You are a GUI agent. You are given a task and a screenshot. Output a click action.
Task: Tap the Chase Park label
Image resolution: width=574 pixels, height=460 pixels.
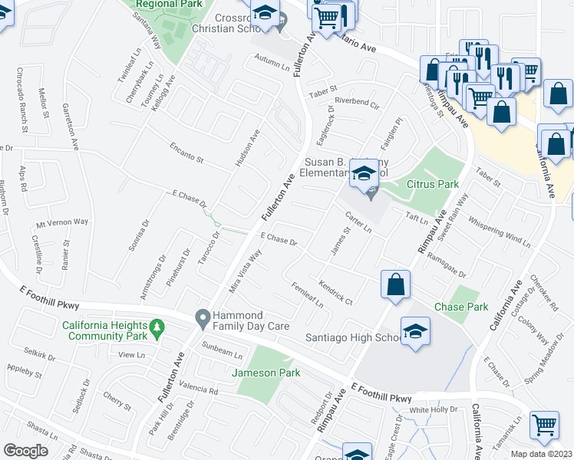point(460,307)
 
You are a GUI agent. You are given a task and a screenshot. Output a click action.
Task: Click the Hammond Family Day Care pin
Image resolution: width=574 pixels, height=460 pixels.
point(203,316)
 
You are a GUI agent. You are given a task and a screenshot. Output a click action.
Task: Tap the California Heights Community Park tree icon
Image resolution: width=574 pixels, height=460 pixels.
point(157,327)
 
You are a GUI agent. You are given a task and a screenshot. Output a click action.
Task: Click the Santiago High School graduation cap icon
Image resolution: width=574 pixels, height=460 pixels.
point(415,331)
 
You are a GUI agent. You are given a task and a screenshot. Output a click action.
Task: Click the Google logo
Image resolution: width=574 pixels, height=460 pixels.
point(25,450)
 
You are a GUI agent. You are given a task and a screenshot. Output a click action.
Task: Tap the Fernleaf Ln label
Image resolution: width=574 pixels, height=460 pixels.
point(308,295)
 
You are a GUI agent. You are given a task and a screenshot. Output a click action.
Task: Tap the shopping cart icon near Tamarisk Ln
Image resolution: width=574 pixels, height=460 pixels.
point(545,424)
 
